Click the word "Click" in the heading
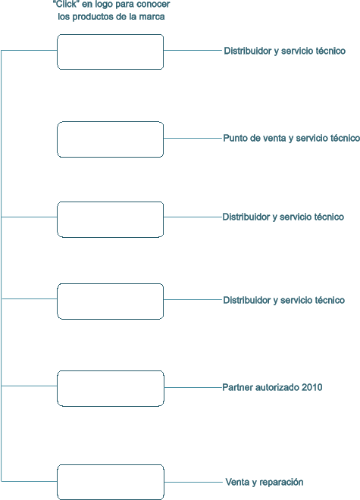click(x=67, y=5)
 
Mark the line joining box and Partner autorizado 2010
click(x=193, y=387)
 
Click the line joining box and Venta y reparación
click(x=193, y=482)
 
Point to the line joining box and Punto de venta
click(x=193, y=138)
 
